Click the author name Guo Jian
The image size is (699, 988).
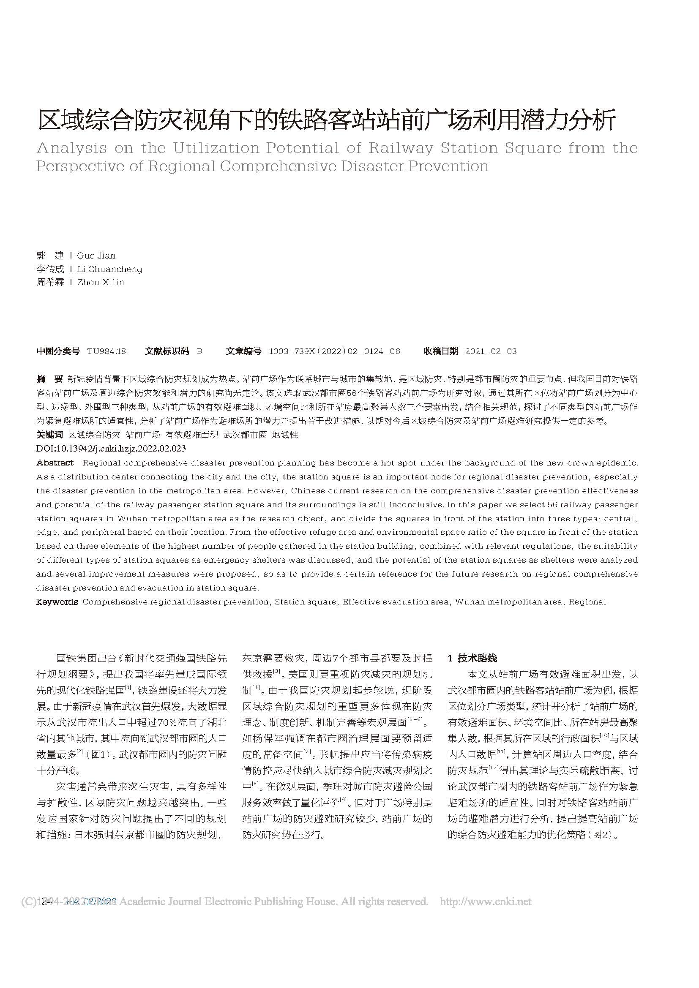[96, 256]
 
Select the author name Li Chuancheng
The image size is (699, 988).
[109, 269]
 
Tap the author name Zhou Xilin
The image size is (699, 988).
[100, 282]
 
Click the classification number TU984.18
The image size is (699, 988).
[106, 351]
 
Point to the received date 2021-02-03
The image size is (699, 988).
[491, 351]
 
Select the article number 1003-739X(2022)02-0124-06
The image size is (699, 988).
[334, 351]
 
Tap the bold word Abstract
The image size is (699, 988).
[55, 463]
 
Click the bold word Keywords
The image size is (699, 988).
[57, 602]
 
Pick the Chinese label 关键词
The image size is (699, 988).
[49, 435]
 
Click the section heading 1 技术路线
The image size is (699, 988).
[472, 658]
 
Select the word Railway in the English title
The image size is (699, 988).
[400, 148]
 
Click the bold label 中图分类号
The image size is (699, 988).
[57, 351]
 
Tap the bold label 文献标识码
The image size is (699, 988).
[167, 351]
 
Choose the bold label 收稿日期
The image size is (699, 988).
[441, 351]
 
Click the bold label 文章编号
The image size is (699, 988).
[243, 351]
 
